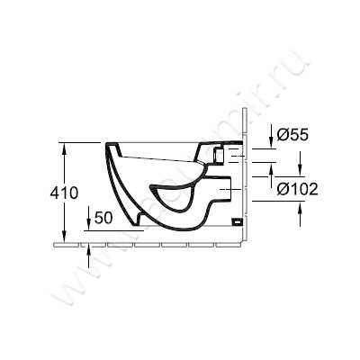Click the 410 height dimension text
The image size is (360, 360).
pyautogui.click(x=63, y=193)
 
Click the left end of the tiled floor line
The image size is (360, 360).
pyautogui.click(x=56, y=243)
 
